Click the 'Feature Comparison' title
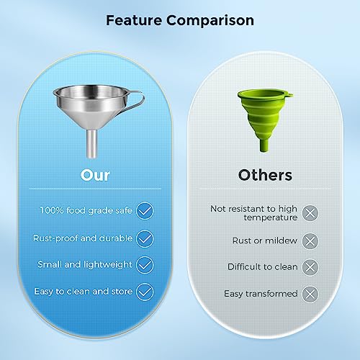click(x=180, y=20)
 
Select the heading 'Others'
click(x=265, y=175)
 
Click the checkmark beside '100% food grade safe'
click(x=145, y=210)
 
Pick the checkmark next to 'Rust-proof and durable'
click(x=145, y=238)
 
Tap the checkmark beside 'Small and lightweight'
click(x=145, y=264)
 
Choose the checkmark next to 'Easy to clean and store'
click(x=145, y=292)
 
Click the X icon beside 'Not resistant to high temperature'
click(x=310, y=213)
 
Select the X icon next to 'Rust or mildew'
click(x=310, y=240)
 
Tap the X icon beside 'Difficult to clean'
click(x=310, y=267)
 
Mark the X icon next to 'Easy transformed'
click(x=310, y=294)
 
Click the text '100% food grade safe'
click(x=86, y=210)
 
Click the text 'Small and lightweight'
click(x=84, y=264)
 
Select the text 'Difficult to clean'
click(x=262, y=267)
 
